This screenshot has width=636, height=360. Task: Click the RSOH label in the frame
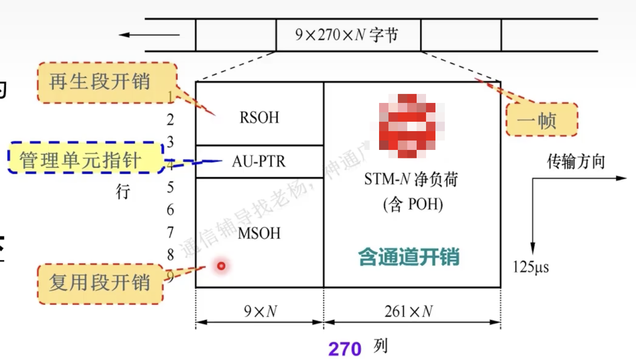tap(259, 117)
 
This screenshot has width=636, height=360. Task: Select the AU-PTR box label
tap(259, 161)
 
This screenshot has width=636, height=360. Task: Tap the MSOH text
tap(259, 233)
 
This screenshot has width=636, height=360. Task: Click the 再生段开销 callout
tap(100, 82)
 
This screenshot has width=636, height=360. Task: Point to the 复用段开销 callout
tap(100, 282)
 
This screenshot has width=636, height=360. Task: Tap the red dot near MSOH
tap(221, 266)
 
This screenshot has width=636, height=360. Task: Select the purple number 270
tap(345, 349)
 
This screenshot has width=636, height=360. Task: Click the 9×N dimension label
tap(259, 311)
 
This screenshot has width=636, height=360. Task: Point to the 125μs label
tap(531, 267)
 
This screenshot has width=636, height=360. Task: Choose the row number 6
tap(170, 210)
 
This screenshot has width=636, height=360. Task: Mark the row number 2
tap(170, 120)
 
